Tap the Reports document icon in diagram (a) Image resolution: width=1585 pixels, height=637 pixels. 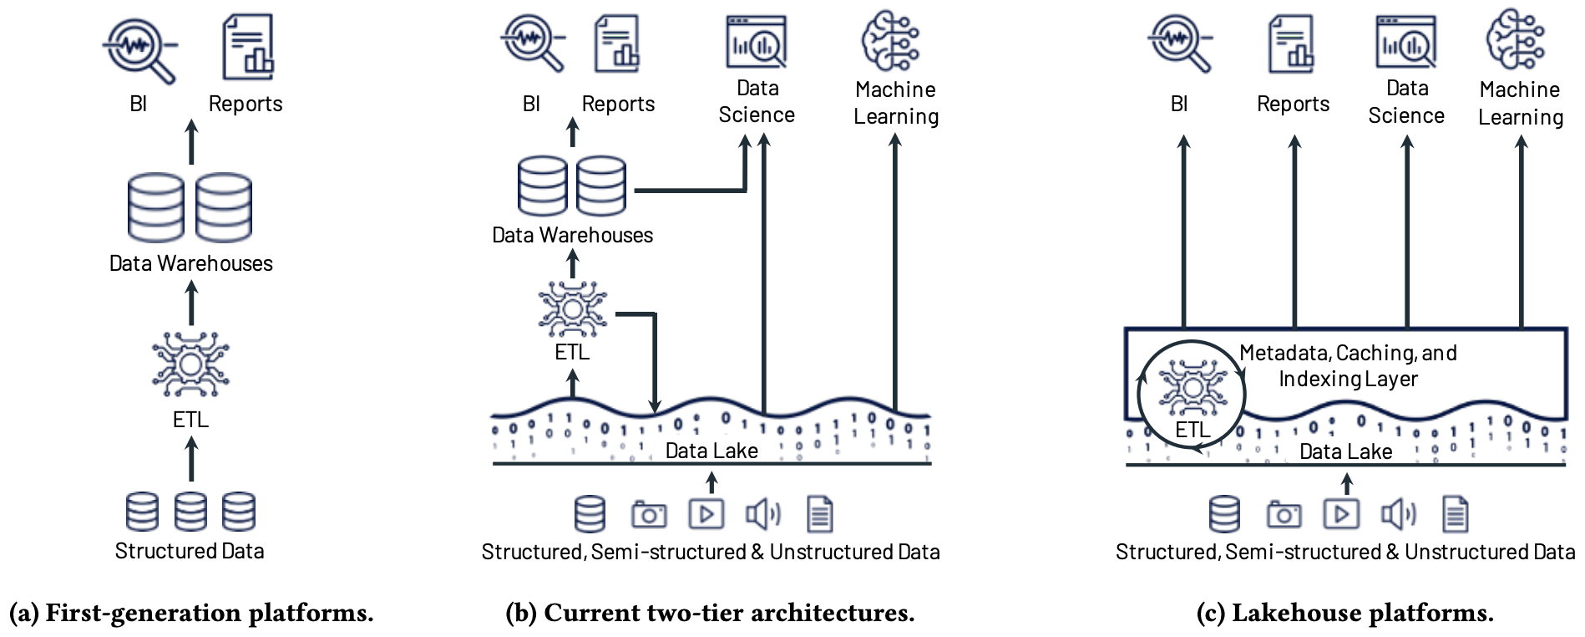point(248,47)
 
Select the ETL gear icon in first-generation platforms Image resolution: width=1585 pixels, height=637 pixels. point(190,365)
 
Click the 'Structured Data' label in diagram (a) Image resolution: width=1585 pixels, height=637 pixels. point(190,551)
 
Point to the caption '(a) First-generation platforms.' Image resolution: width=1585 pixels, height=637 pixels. point(191,613)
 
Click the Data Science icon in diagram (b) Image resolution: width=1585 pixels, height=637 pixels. point(757,42)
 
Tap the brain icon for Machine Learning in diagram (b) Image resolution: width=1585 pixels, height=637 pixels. point(890,40)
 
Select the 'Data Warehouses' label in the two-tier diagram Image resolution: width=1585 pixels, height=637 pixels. point(572,235)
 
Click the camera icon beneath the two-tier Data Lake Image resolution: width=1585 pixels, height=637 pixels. point(649,514)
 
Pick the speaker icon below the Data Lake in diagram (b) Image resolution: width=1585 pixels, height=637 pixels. point(763,514)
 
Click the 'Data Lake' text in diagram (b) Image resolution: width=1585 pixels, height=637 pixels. point(711,451)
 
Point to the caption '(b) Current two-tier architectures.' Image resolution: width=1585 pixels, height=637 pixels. point(710,613)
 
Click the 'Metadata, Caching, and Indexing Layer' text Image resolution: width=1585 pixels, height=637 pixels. point(1348,366)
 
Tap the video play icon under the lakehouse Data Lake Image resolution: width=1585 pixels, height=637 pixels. point(1341,514)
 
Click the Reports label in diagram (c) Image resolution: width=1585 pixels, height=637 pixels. point(1293,104)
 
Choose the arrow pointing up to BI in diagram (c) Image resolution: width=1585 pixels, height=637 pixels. point(1183,232)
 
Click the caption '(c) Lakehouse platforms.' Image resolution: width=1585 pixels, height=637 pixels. point(1344,613)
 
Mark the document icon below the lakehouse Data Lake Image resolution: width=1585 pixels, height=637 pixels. point(1456,514)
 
